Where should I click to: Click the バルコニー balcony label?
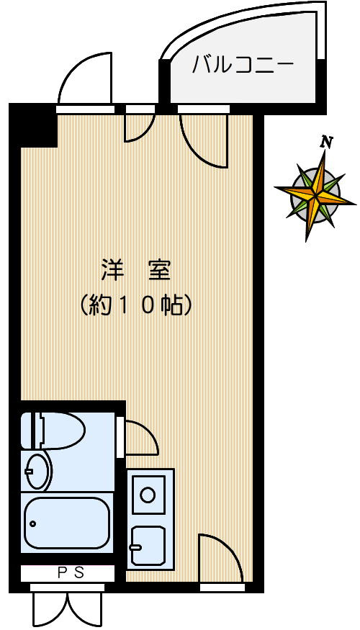(243, 66)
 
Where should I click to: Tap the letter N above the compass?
(327, 142)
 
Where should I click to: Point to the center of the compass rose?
(315, 193)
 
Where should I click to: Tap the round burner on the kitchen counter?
(148, 495)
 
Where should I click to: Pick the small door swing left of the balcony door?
(138, 127)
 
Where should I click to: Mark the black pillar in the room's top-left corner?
(37, 127)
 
